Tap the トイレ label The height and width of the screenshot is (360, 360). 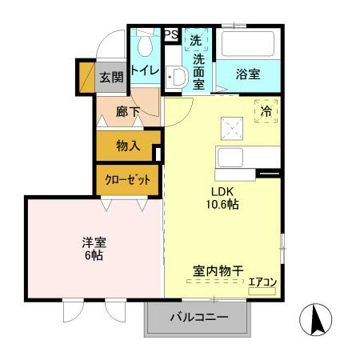pos(146,71)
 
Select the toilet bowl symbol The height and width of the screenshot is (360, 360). pos(145,44)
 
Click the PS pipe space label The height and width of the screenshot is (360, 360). pos(170,34)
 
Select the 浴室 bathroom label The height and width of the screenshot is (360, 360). pos(248,74)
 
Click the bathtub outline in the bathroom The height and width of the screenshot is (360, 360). pos(248,43)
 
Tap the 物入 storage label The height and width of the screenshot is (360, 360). pos(127,146)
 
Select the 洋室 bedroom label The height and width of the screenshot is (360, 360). pos(94,241)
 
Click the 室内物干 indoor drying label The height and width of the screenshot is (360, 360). pos(218,271)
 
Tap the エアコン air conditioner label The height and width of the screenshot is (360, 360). pos(262,281)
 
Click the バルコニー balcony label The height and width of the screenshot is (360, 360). pos(199,318)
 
